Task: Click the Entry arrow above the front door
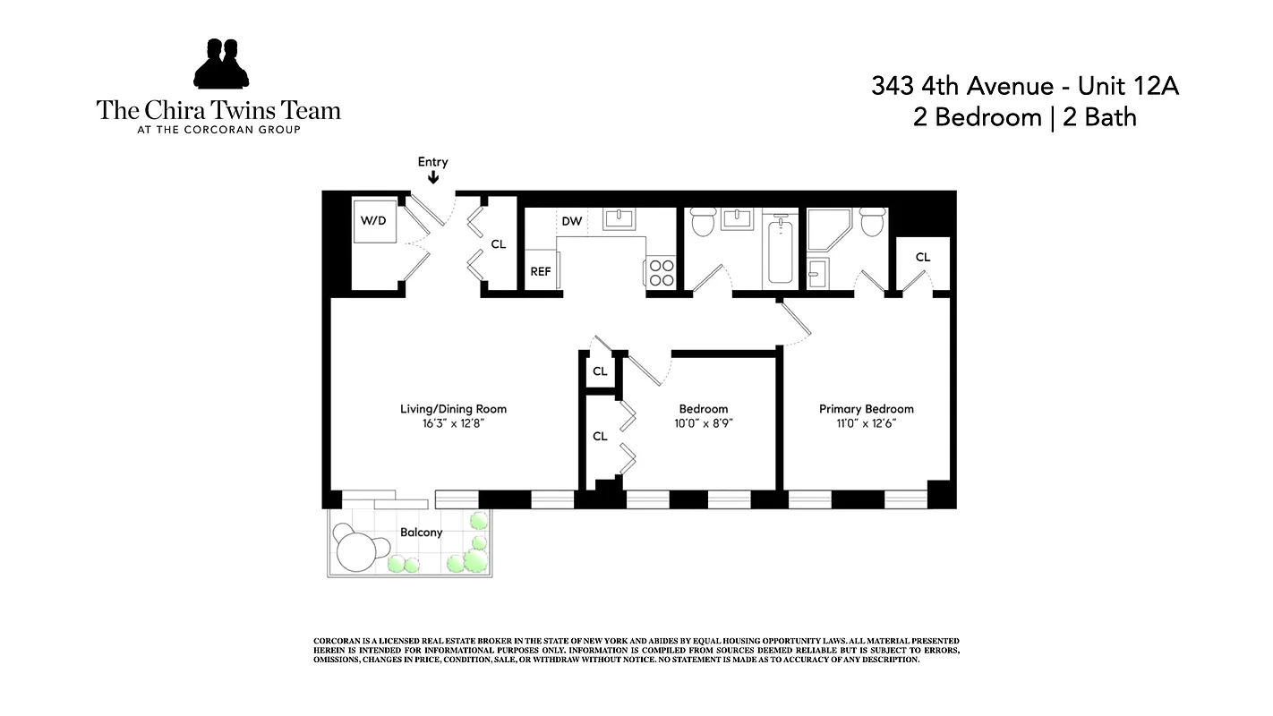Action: (433, 178)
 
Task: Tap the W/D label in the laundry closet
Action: (373, 220)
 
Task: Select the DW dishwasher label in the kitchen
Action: (571, 221)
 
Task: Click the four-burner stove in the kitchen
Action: (662, 272)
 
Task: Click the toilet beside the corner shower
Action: (872, 222)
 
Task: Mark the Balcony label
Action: (421, 533)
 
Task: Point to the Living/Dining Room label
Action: (453, 409)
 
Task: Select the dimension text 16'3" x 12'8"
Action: (453, 423)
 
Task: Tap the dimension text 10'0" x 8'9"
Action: (703, 423)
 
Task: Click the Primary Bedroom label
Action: (866, 409)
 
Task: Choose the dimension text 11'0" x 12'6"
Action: (866, 423)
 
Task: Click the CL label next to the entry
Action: (499, 243)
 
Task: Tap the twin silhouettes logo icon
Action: (220, 64)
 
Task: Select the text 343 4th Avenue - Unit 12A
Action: (1025, 87)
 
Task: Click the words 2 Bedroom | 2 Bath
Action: (1025, 117)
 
